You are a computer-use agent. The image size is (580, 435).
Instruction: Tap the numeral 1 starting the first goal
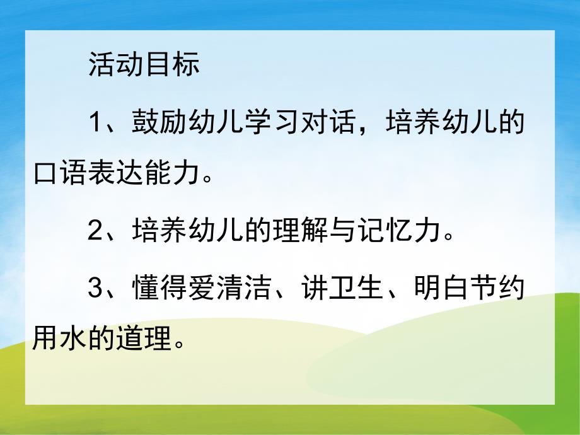tap(96, 122)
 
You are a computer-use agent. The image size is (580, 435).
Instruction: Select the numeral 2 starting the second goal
tap(96, 232)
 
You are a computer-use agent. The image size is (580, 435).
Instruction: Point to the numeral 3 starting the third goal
tap(96, 288)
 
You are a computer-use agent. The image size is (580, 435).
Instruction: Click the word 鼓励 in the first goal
tap(153, 122)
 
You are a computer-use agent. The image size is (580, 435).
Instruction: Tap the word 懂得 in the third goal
tap(153, 288)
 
